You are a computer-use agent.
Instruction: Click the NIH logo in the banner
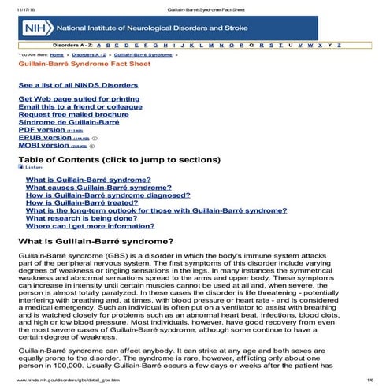pyautogui.click(x=36, y=27)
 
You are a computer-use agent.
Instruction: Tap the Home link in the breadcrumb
pyautogui.click(x=57, y=55)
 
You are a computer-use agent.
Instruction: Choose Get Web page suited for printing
pyautogui.click(x=68, y=98)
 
